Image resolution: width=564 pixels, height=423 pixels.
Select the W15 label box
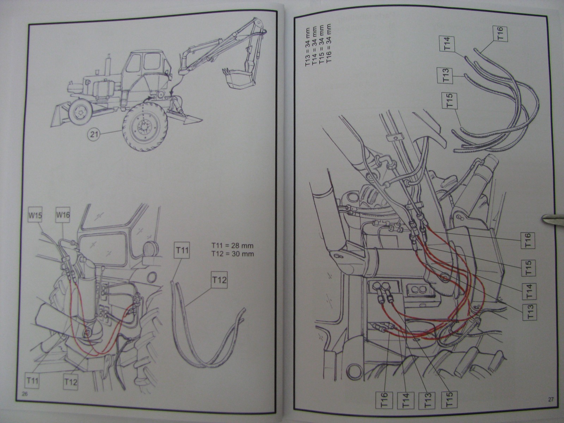[36, 215]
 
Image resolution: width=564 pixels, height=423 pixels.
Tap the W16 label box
[62, 215]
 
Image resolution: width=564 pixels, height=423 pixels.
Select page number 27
[551, 399]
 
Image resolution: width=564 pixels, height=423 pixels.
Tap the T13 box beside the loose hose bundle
[445, 75]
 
